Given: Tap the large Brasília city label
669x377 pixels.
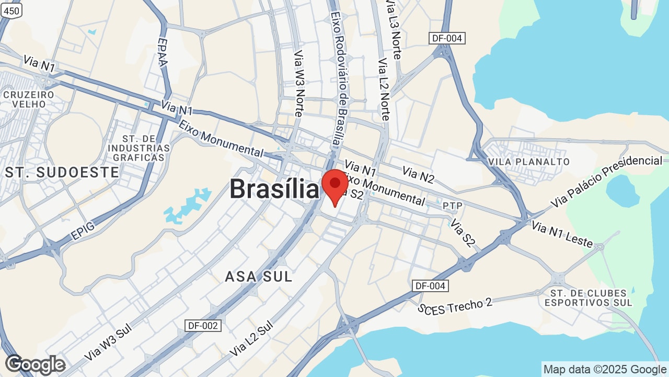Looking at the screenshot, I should pyautogui.click(x=274, y=188).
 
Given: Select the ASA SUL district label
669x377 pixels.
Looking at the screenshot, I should pyautogui.click(x=258, y=276).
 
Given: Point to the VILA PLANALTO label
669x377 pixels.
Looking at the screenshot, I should pyautogui.click(x=528, y=161).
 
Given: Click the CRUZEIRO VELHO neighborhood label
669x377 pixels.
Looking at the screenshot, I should pyautogui.click(x=29, y=99).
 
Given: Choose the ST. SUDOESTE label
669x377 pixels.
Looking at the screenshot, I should pyautogui.click(x=62, y=172).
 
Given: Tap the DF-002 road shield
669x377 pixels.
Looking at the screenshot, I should pyautogui.click(x=203, y=326).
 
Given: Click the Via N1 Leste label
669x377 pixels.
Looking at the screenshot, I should pyautogui.click(x=562, y=234).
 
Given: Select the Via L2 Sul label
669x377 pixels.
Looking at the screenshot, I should pyautogui.click(x=252, y=338).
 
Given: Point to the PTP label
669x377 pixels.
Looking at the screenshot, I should pyautogui.click(x=452, y=206).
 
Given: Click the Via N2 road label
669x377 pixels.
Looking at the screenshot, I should pyautogui.click(x=418, y=174).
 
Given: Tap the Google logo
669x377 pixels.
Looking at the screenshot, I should pyautogui.click(x=35, y=365).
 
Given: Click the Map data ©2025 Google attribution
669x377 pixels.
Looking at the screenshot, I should pyautogui.click(x=604, y=369).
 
